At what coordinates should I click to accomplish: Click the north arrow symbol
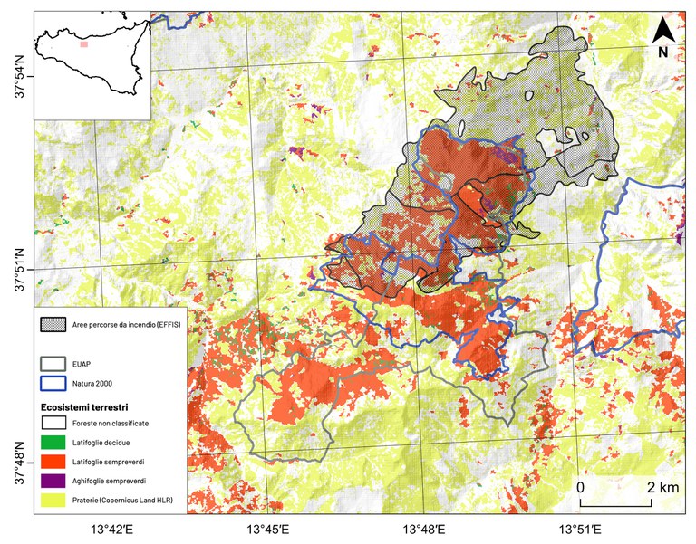tap(662, 30)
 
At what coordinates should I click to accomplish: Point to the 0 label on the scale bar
tap(580, 487)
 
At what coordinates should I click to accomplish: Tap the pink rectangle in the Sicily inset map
tap(83, 43)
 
